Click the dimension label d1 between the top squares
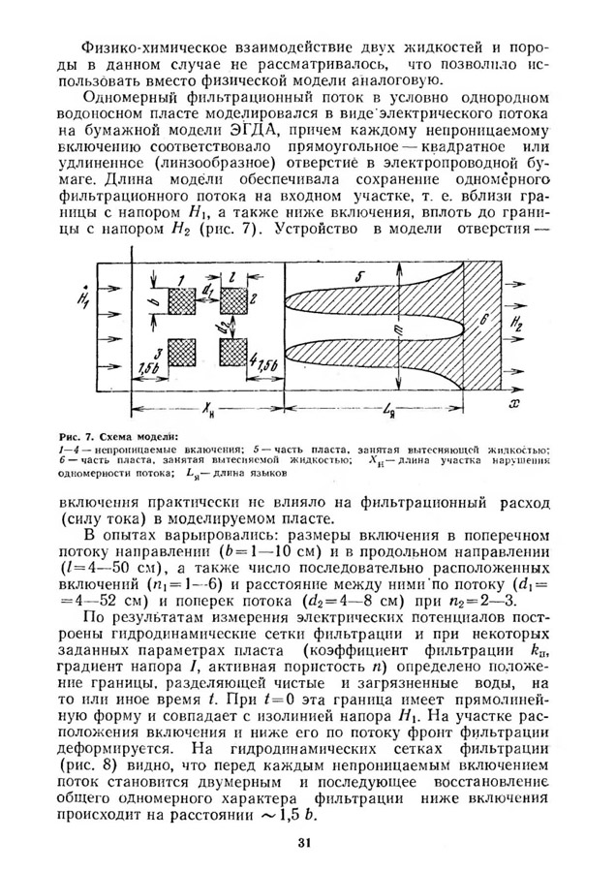point(209,288)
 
